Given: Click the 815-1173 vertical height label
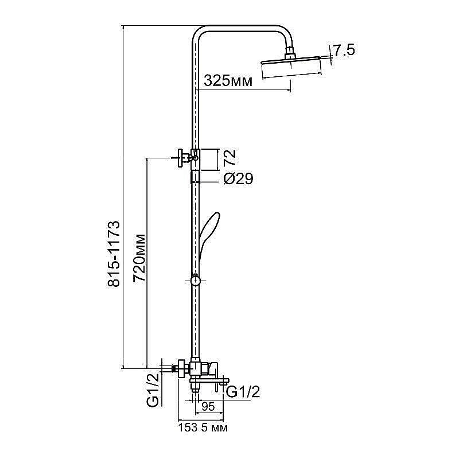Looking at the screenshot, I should point(114,254).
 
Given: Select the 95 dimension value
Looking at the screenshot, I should point(208,407).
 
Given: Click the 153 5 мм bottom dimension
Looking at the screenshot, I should point(200,427).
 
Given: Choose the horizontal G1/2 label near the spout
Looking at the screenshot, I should point(244,392).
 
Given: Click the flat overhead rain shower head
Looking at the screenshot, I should point(296,60).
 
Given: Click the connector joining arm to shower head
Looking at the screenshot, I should point(294,55).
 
